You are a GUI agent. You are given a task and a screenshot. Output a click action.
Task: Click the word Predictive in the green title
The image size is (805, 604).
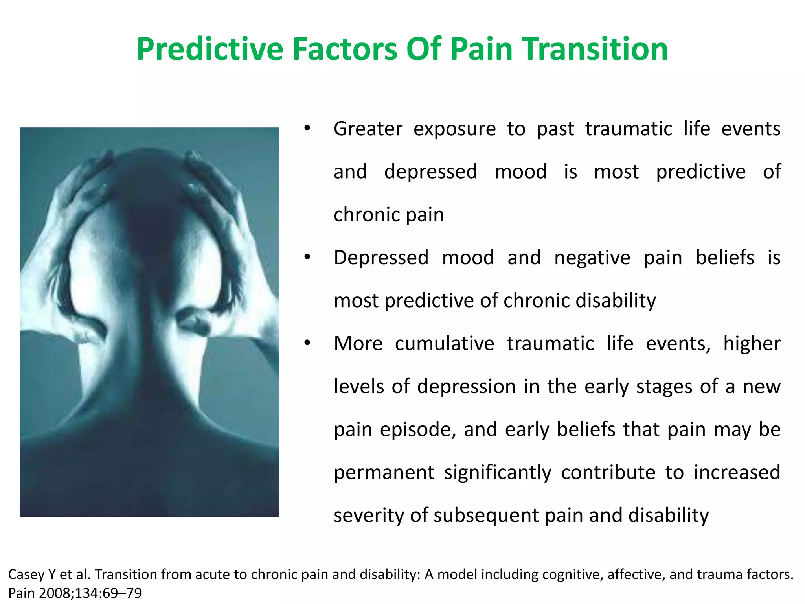pos(210,50)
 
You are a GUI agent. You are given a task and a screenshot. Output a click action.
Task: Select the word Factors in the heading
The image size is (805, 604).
pos(345,50)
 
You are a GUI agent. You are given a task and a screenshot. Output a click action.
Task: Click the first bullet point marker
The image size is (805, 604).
pos(307,128)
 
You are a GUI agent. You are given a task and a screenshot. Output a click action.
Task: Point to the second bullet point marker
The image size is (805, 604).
pos(307,257)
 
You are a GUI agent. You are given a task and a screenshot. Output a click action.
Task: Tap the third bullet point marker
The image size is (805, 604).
pos(307,343)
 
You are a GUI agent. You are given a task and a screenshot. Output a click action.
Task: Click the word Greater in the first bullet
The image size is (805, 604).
pos(368,129)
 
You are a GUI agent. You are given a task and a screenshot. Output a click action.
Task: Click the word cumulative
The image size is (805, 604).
pos(444,344)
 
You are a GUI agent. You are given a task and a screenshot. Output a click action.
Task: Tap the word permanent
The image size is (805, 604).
pos(384,473)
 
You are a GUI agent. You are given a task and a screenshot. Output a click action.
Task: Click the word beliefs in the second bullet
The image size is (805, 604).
pos(724,258)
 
